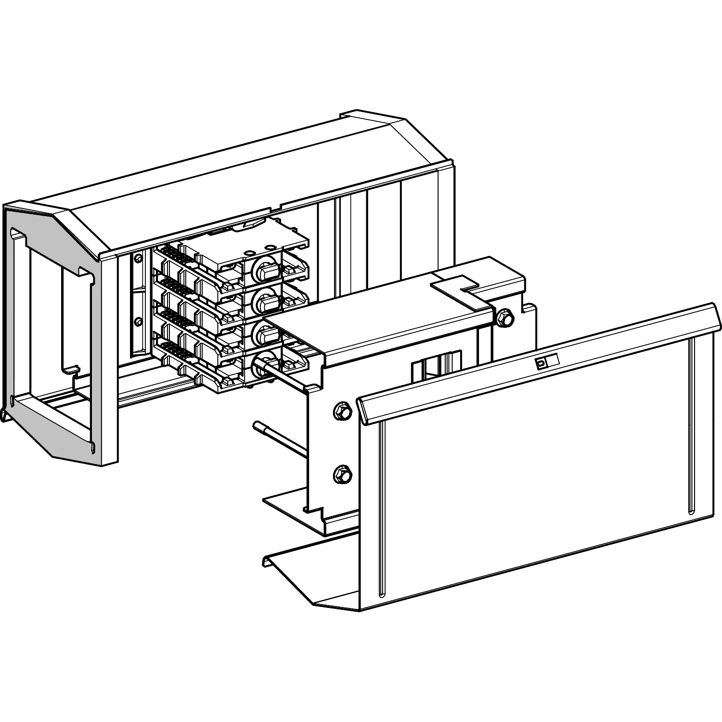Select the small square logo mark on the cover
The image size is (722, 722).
[541, 364]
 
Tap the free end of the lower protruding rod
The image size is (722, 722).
[257, 424]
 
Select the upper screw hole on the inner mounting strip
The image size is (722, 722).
[139, 258]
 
